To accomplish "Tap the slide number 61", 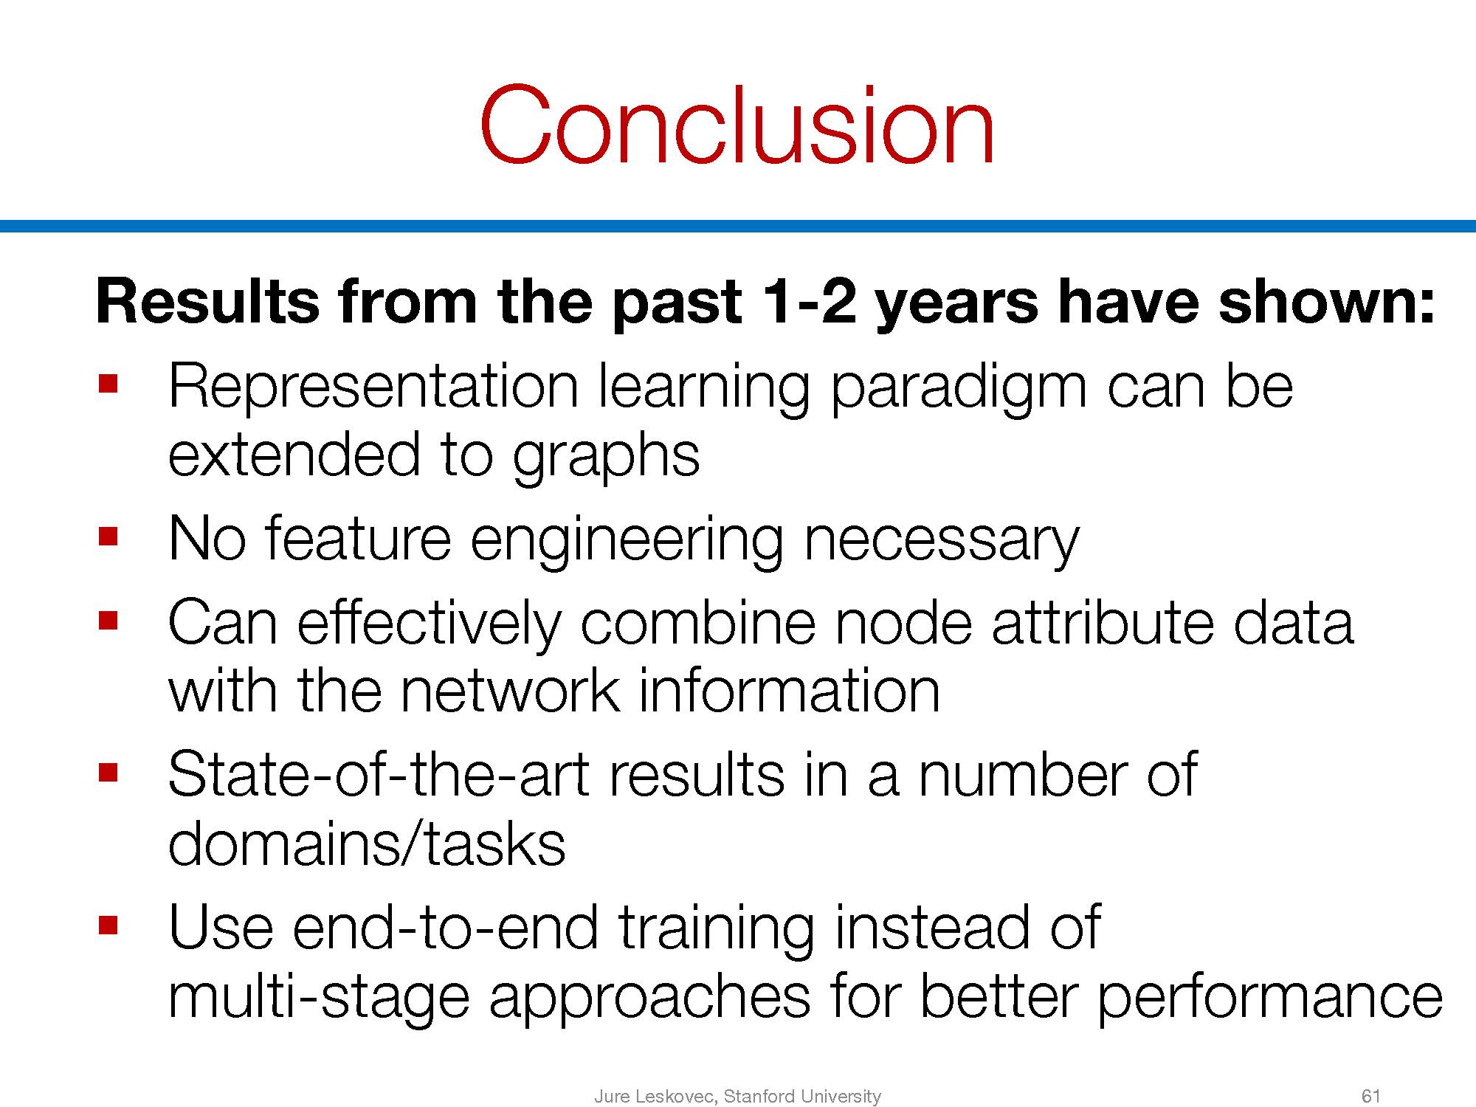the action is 1370,1097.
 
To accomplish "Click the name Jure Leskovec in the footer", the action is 655,1097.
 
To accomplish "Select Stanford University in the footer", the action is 802,1097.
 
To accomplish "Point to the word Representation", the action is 373,387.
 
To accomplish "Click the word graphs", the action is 605,457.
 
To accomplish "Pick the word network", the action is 509,692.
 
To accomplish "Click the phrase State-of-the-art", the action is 379,775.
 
